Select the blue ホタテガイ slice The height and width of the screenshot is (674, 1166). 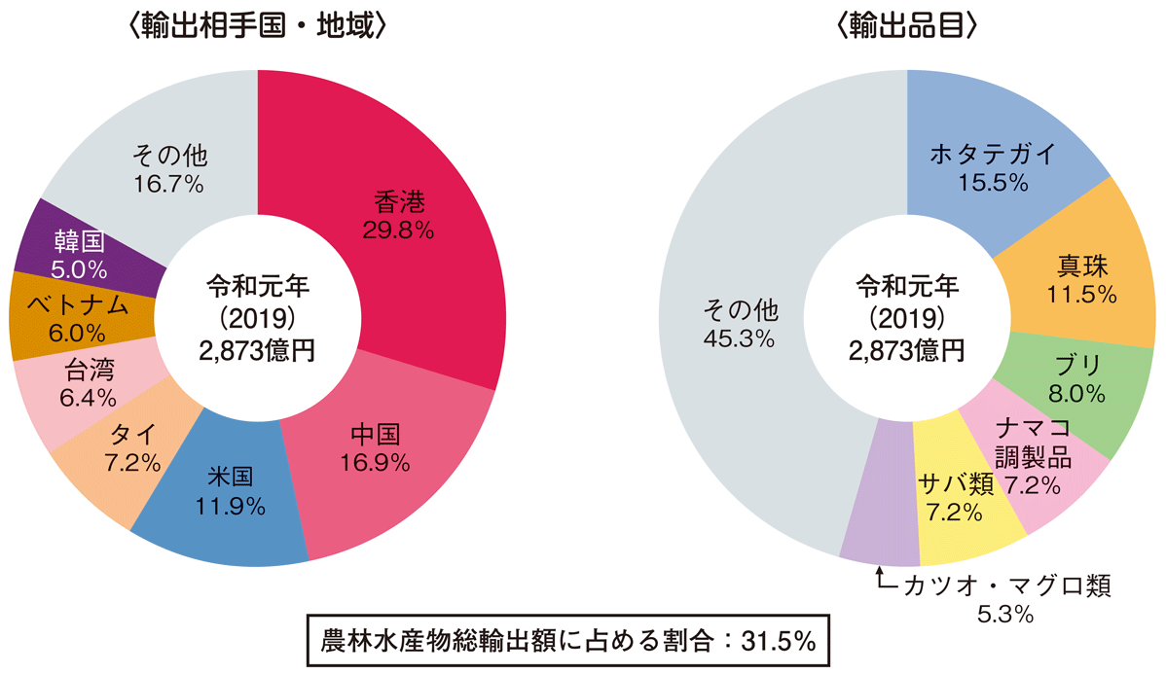[x=992, y=165]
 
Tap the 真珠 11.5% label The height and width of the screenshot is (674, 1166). [x=1081, y=279]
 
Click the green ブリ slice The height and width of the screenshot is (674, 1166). [x=1080, y=379]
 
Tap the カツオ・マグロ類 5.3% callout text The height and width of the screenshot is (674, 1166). [x=1006, y=599]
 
